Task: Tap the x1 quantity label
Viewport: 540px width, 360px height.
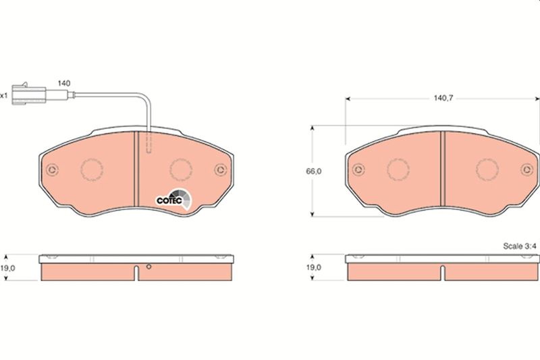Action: coord(4,95)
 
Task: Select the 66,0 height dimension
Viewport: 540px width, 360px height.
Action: coord(313,172)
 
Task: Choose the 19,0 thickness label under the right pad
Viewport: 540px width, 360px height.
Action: coord(314,267)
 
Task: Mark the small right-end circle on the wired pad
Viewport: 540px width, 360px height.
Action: coord(217,170)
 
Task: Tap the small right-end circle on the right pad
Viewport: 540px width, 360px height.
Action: coord(524,170)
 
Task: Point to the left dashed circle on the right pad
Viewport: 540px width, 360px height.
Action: coord(398,170)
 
